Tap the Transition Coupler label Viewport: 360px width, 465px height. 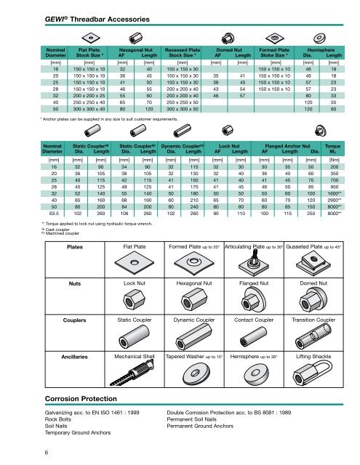coord(313,320)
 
